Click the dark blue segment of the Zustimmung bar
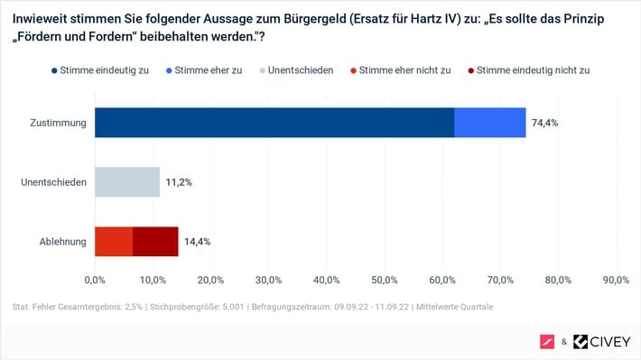tap(274, 123)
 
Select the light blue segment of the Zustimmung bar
tap(489, 123)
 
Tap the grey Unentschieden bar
tap(127, 182)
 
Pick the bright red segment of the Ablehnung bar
tap(114, 242)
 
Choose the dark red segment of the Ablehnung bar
tap(155, 242)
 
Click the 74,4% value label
tap(544, 123)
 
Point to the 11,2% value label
tap(179, 182)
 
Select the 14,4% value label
tap(197, 242)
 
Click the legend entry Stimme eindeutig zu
tap(100, 70)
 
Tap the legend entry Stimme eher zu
tap(204, 70)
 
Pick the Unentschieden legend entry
tap(296, 70)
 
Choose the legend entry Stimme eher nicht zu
tap(401, 70)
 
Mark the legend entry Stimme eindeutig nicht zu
tap(529, 70)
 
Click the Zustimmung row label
tap(58, 123)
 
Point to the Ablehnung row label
tap(63, 242)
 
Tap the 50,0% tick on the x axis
tap(385, 280)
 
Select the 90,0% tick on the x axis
tap(616, 280)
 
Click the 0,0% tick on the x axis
tap(95, 280)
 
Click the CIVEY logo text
tap(610, 342)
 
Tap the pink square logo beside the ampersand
tap(547, 342)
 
